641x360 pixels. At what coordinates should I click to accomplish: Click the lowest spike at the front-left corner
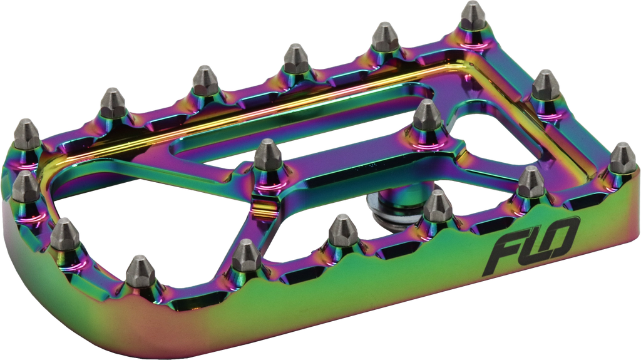(140, 269)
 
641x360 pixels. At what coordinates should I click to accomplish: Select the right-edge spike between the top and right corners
(545, 84)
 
